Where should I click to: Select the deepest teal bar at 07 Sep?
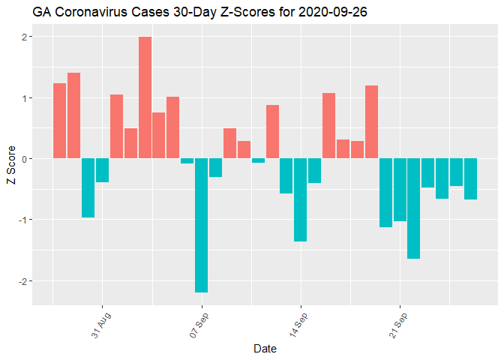tap(201, 225)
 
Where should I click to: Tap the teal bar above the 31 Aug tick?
tap(102, 170)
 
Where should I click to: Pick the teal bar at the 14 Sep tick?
tap(300, 199)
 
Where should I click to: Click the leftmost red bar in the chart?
tap(59, 121)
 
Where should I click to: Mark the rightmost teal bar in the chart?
tap(470, 178)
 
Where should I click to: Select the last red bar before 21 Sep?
tap(371, 121)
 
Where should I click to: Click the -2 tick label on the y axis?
tap(22, 281)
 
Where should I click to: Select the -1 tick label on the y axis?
tap(22, 220)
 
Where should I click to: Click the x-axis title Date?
tap(265, 349)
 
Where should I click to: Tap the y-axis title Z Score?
tap(9, 169)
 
